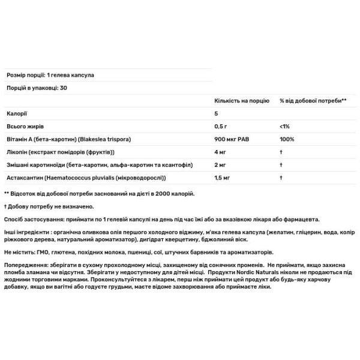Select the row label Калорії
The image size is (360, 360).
point(16,113)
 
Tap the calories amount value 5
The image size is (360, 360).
point(217,113)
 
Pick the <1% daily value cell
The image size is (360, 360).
point(284,127)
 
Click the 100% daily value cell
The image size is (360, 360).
point(287,139)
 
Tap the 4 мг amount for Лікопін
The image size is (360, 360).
point(221,152)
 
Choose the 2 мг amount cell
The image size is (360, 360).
point(221,165)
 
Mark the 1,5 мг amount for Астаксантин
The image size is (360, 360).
point(223,178)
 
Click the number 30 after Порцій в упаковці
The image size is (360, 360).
point(62,88)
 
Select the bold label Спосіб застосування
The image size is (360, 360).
point(34,220)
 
